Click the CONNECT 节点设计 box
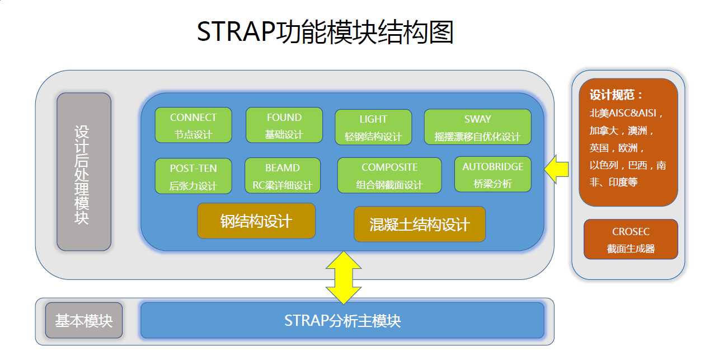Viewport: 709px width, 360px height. point(193,125)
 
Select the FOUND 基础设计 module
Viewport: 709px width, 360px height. point(284,125)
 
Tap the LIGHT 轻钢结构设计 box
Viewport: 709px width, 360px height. point(373,127)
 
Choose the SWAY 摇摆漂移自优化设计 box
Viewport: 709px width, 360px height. point(477,127)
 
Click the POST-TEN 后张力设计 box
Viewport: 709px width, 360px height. point(193,176)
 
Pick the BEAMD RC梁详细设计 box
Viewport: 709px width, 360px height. point(283,176)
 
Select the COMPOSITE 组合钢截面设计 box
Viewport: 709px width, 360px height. point(389,175)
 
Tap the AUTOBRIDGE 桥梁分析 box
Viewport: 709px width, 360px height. point(493,175)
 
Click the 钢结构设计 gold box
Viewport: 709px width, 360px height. point(256,221)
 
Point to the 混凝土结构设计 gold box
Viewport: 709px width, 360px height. point(420,225)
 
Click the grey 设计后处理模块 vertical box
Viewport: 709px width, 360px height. point(83,172)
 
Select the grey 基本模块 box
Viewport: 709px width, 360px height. point(83,321)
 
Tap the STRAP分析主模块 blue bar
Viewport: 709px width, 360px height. point(342,321)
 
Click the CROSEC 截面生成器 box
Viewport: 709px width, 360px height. point(631,240)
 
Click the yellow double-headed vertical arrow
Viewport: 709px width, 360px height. point(343,277)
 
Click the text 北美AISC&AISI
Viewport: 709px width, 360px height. point(626,113)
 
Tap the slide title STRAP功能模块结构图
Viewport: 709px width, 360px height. point(325,32)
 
